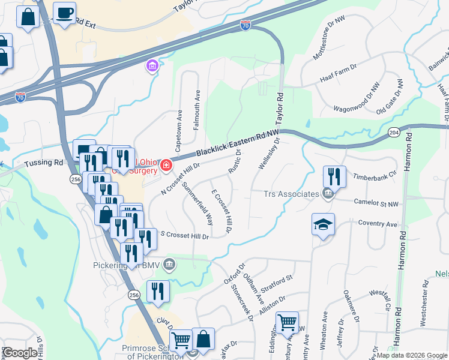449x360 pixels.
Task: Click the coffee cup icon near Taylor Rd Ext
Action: (65, 12)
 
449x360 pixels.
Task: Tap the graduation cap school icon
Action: (323, 225)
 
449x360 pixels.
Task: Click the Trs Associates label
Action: (291, 194)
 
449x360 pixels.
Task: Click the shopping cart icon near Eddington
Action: (288, 322)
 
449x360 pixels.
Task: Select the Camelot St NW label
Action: (376, 203)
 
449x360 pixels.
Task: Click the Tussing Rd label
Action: (44, 163)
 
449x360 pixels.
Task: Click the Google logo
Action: (20, 352)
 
